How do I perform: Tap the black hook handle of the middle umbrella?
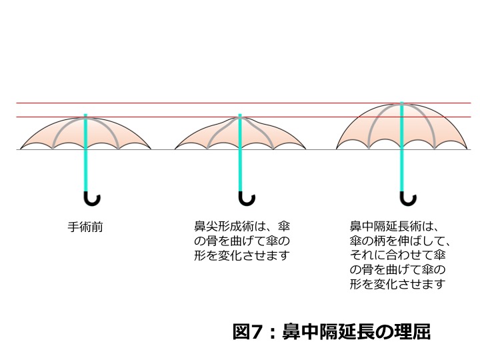247,199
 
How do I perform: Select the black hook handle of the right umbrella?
409,199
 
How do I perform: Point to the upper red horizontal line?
200,103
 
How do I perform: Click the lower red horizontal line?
167,117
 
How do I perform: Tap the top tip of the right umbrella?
401,103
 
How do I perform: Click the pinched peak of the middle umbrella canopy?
239,117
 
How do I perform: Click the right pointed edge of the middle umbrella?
304,147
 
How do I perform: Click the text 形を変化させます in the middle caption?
242,256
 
